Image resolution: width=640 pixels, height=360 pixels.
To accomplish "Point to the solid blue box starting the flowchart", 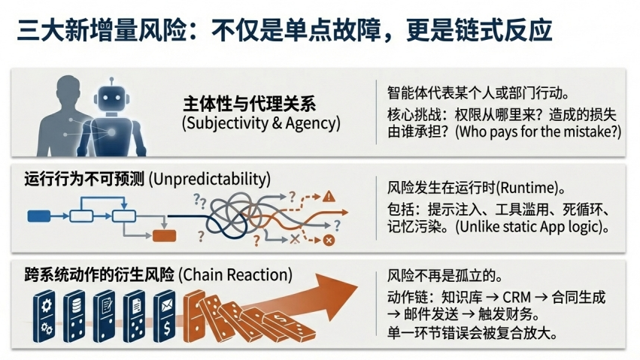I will click(x=38, y=216).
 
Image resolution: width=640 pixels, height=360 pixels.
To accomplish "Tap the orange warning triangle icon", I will click(x=329, y=198).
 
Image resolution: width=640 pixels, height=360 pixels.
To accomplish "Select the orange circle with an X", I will click(x=328, y=241).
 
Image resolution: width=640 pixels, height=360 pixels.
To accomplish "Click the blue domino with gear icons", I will click(x=44, y=316).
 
